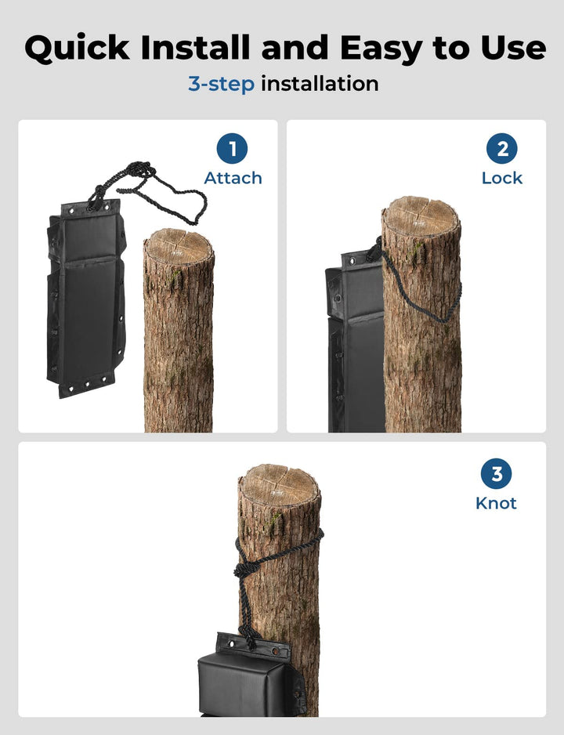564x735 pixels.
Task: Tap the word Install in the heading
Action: point(195,47)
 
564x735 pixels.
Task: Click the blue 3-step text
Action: point(221,85)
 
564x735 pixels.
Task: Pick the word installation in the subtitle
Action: point(320,83)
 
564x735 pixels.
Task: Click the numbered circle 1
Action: point(232,149)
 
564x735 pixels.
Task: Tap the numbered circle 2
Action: point(501,149)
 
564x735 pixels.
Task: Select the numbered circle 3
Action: point(496,473)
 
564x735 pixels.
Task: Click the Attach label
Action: point(233,178)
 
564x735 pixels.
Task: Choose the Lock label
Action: point(501,178)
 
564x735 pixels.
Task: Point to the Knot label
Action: point(496,503)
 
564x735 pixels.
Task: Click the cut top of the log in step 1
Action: point(179,246)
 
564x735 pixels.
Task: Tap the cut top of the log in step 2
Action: point(421,215)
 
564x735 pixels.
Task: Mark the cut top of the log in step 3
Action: point(279,484)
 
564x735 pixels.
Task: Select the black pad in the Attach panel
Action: point(87,298)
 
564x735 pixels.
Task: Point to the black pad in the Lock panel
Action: point(355,342)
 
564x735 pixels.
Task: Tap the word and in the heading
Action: point(295,47)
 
